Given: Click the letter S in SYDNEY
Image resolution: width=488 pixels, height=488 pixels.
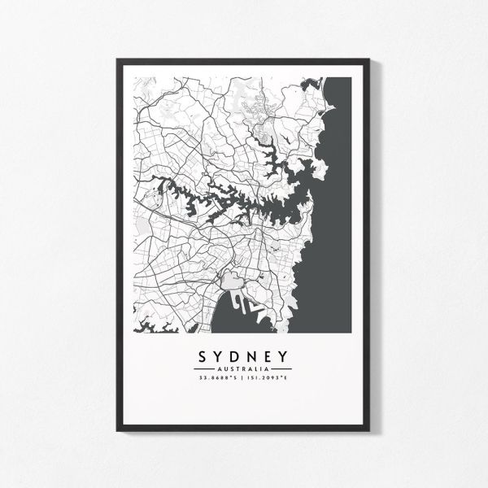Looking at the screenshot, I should pyautogui.click(x=201, y=357).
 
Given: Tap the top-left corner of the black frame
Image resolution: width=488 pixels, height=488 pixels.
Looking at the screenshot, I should pyautogui.click(x=119, y=59).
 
